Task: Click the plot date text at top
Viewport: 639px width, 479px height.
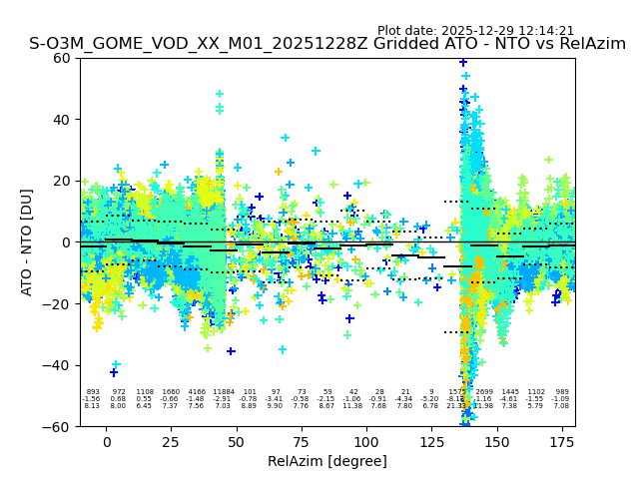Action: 475,31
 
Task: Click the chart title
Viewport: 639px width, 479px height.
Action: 327,44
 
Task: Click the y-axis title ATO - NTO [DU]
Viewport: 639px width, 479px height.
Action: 27,241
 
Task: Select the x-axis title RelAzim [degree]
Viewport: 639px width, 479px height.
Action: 327,461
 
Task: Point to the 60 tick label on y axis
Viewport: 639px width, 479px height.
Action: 61,58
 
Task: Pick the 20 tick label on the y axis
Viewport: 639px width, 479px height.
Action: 61,181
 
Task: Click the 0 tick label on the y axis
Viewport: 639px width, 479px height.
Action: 65,242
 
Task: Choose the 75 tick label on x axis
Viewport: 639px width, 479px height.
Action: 302,442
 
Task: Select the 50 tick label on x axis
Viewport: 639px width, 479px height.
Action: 237,442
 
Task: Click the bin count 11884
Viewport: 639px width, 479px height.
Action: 223,392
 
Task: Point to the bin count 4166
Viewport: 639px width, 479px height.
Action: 196,392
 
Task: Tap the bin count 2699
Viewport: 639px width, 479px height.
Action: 484,392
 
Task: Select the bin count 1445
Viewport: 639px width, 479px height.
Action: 510,392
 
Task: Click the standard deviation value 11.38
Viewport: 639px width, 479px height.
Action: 353,406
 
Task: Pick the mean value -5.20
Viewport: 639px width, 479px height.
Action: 431,399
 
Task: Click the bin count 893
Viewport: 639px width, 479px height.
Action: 93,392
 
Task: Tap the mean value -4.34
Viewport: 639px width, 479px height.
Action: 405,399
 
